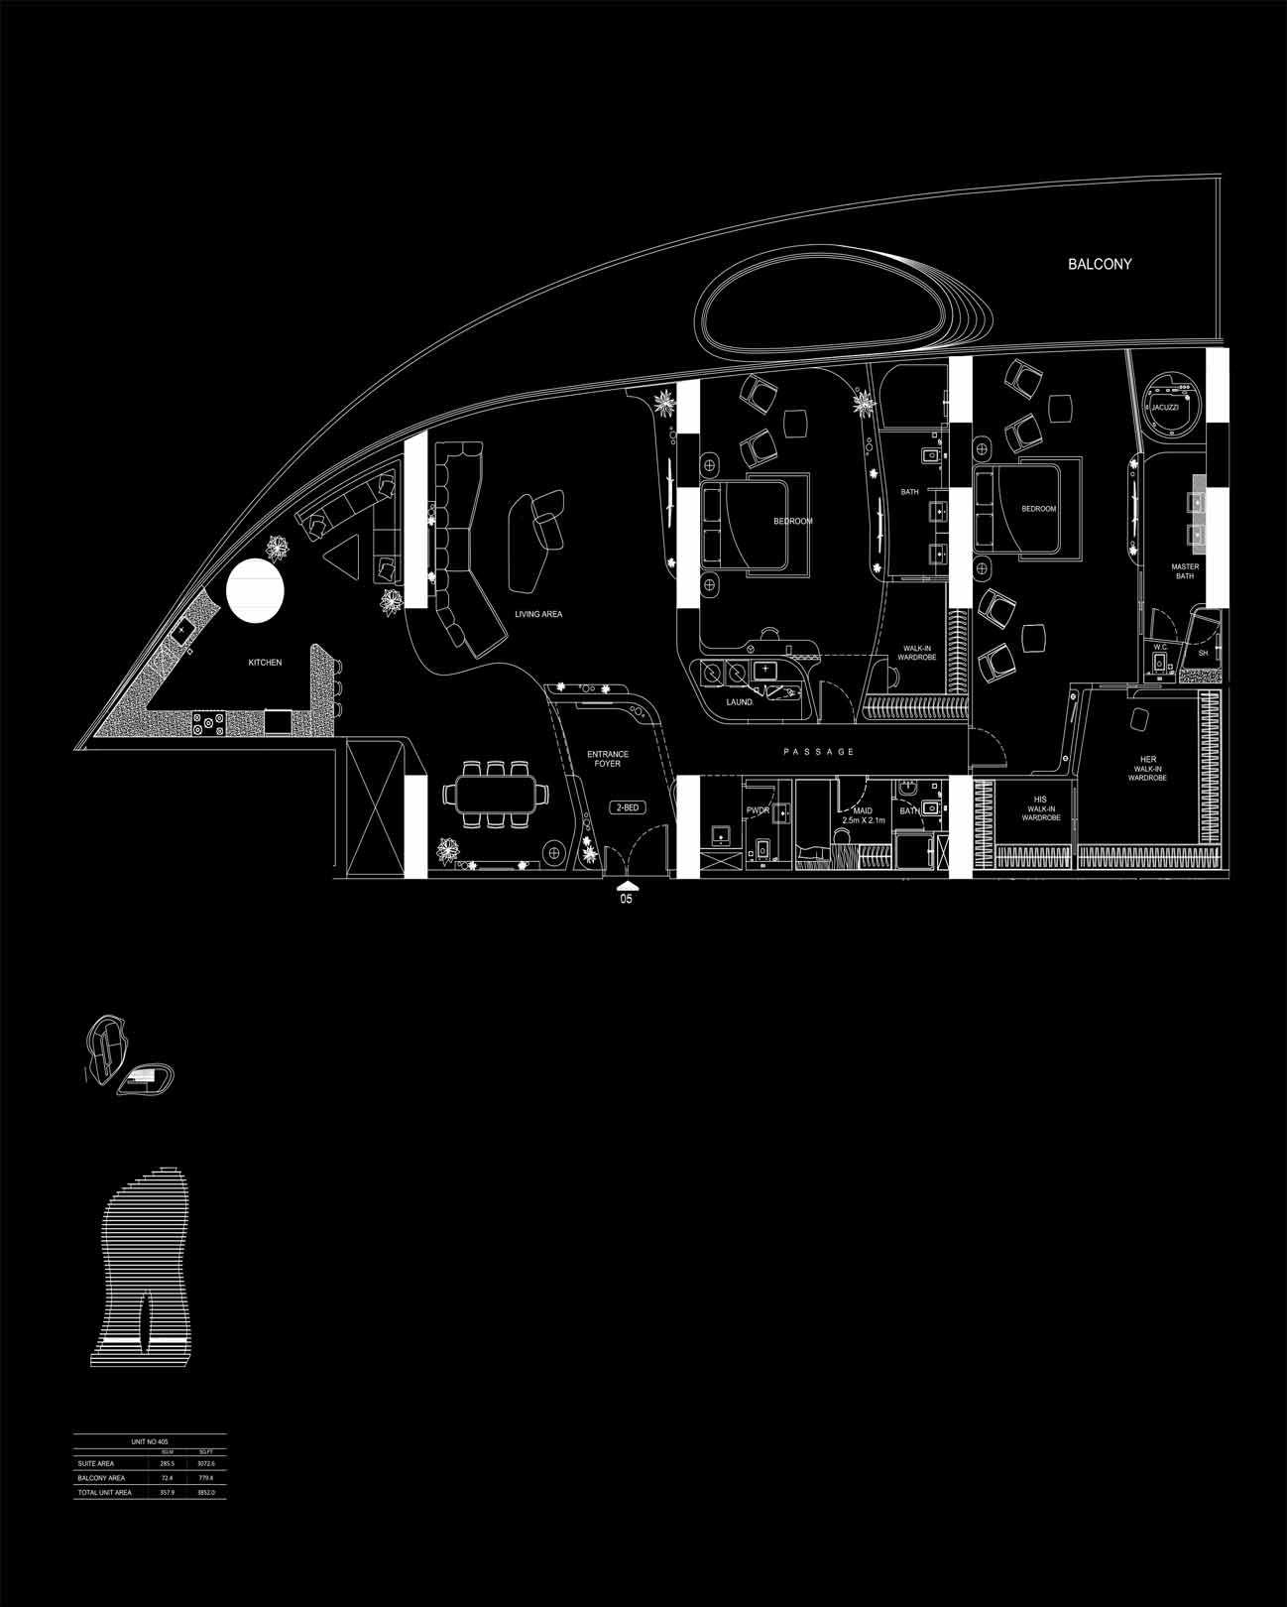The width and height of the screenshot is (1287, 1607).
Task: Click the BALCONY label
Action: pos(1099,265)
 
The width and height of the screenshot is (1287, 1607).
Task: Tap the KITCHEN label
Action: pos(265,663)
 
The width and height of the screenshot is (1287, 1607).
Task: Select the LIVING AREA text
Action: pos(538,615)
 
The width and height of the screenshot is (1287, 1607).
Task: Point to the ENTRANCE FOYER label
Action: pos(609,759)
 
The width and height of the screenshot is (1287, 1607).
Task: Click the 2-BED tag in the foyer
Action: pos(627,807)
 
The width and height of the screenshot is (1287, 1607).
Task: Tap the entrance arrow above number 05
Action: pos(626,886)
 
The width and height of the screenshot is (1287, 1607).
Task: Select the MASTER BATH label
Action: pos(1185,571)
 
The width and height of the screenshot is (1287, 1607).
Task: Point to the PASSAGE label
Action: pos(819,752)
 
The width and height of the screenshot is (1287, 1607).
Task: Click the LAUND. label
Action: pos(740,702)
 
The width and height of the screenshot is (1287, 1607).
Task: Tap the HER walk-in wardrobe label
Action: pos(1147,769)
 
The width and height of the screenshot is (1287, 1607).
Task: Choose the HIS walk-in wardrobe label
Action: pos(1040,808)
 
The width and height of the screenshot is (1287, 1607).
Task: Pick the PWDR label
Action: pos(758,810)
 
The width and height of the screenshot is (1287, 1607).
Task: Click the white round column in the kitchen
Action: pos(256,591)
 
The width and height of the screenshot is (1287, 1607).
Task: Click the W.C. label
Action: pos(1159,647)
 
